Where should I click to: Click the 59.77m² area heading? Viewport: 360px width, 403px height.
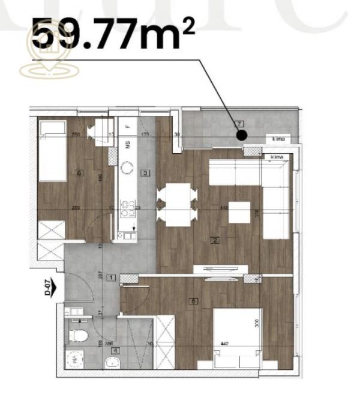click(x=113, y=35)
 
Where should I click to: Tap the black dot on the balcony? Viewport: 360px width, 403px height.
click(x=241, y=135)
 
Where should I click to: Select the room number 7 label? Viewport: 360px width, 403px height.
click(x=240, y=124)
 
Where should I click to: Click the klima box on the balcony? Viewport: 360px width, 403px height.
click(x=278, y=139)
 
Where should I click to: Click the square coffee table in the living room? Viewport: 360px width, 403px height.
click(x=239, y=212)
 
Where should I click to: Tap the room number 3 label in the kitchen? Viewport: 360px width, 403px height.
click(x=145, y=173)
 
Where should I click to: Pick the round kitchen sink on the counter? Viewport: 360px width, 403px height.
click(x=127, y=167)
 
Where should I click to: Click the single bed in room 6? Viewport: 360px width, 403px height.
click(x=52, y=150)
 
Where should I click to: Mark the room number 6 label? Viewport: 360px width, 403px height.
click(x=79, y=173)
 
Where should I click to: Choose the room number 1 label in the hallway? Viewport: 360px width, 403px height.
click(x=111, y=277)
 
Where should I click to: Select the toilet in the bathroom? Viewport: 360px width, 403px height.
click(x=78, y=334)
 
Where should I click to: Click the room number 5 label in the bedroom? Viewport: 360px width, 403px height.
click(x=193, y=301)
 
